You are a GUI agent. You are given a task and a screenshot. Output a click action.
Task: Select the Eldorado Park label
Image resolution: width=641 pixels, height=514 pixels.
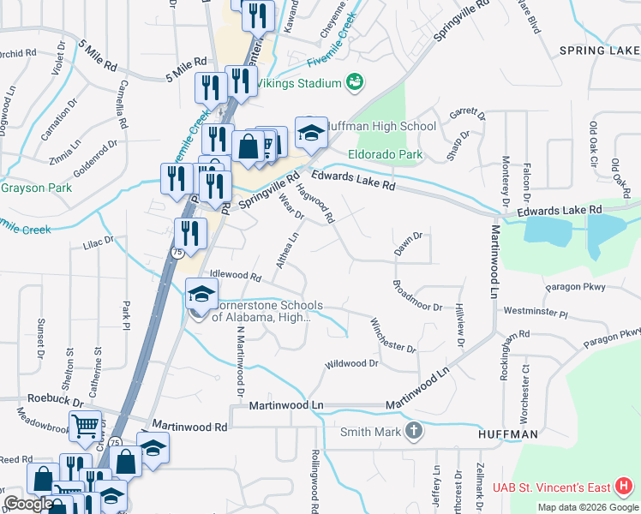point(386,155)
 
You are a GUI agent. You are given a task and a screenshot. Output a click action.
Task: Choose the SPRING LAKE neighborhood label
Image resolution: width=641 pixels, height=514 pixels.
point(599,51)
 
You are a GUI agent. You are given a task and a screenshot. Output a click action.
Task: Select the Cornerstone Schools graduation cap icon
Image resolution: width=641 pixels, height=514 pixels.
point(201,296)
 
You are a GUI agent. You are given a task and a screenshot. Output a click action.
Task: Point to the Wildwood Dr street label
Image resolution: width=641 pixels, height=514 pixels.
point(351,364)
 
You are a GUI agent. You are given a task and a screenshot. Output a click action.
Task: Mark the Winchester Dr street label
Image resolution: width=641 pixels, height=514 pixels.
point(392,335)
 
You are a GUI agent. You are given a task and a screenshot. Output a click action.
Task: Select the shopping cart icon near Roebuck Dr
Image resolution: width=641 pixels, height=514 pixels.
point(85,426)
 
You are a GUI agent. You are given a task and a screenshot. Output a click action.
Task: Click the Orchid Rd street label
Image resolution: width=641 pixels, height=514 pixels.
point(17,52)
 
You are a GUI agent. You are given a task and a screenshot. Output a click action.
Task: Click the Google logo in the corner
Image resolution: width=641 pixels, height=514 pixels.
point(28,504)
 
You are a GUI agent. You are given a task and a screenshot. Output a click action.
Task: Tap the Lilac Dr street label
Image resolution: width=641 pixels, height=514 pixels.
point(98,242)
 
